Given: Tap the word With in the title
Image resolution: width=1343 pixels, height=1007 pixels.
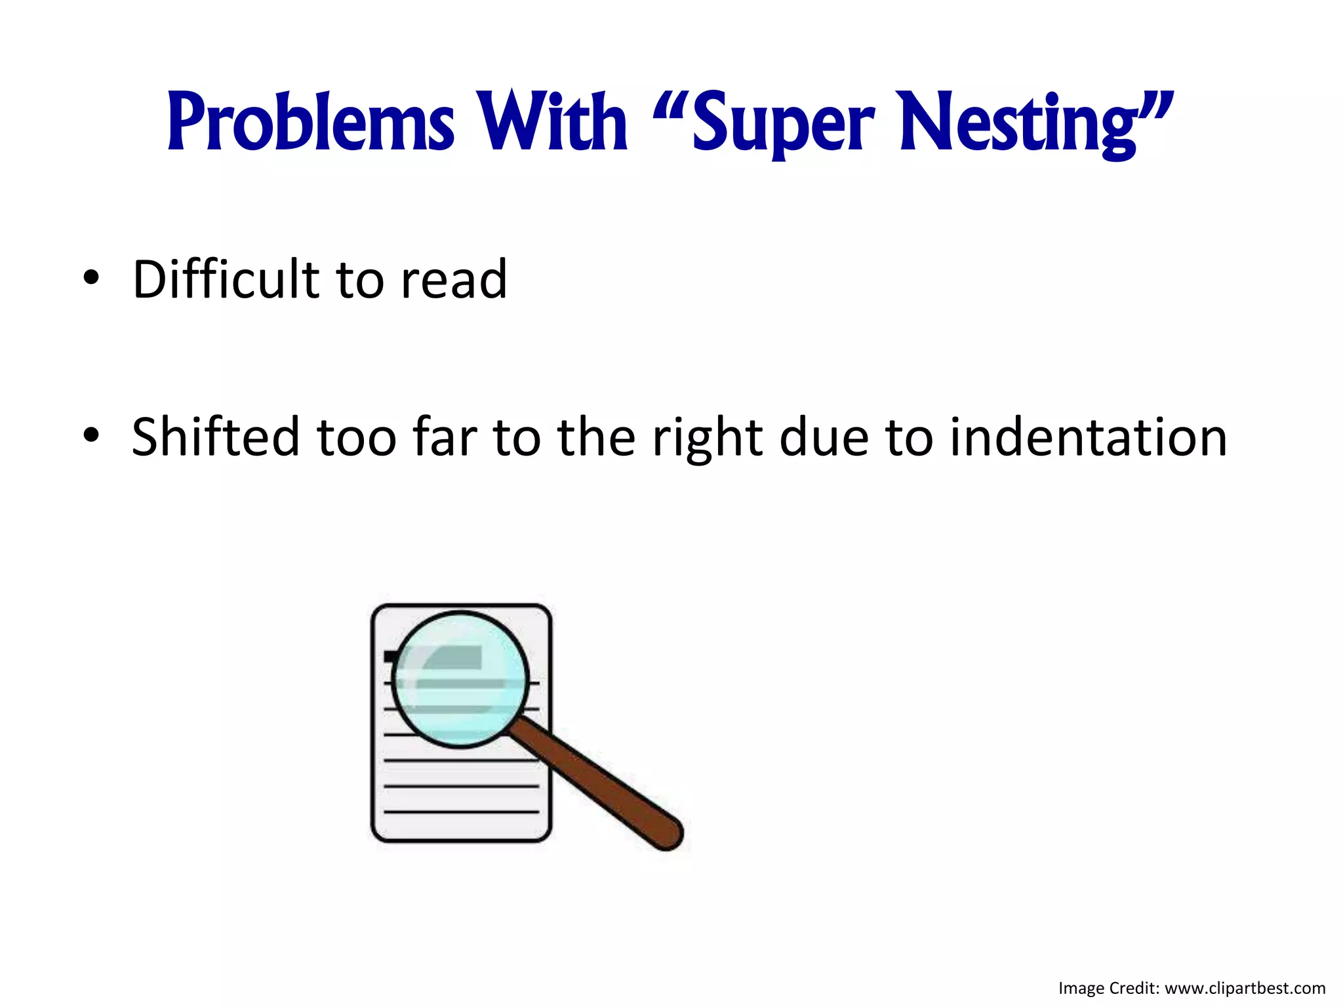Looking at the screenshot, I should tap(552, 123).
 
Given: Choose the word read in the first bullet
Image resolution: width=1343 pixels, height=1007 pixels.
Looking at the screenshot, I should tap(454, 281).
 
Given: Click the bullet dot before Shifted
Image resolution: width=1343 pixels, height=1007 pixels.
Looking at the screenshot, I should tap(91, 435).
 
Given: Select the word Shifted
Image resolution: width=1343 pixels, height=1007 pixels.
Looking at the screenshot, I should tap(216, 437).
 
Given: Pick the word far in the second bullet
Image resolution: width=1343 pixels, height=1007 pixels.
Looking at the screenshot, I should tap(445, 437).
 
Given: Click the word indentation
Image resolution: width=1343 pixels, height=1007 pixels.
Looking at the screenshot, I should tap(1088, 437).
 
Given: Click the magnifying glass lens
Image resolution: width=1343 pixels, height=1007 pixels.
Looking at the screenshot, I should tap(460, 679).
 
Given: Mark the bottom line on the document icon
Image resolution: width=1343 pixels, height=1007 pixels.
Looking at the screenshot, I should tap(461, 812).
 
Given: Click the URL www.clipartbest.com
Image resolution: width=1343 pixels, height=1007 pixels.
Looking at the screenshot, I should tap(1245, 988).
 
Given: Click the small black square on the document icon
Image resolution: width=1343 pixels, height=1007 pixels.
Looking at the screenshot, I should tap(390, 656).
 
